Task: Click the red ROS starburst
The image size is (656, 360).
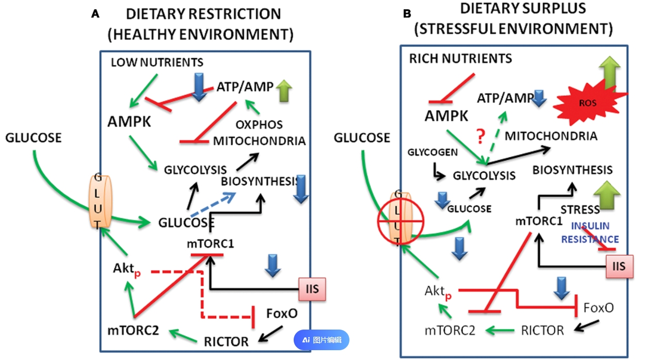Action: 587,103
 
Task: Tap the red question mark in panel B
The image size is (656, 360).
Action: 481,137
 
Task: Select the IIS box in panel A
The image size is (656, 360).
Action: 312,288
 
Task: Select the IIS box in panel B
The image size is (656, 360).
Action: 618,266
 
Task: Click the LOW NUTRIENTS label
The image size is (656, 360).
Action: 157,63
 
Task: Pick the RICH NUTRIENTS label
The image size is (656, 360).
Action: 460,58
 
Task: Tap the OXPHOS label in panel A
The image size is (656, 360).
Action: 259,124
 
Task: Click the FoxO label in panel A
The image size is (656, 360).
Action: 282,313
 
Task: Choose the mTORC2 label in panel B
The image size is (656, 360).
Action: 450,330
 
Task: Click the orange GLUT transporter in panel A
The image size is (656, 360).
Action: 98,201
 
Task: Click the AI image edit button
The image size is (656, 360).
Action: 322,340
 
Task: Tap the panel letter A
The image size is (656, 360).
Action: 95,14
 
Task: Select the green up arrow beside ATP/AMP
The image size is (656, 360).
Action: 284,91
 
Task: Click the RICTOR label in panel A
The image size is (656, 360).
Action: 226,341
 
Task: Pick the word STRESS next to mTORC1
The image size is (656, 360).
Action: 580,209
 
